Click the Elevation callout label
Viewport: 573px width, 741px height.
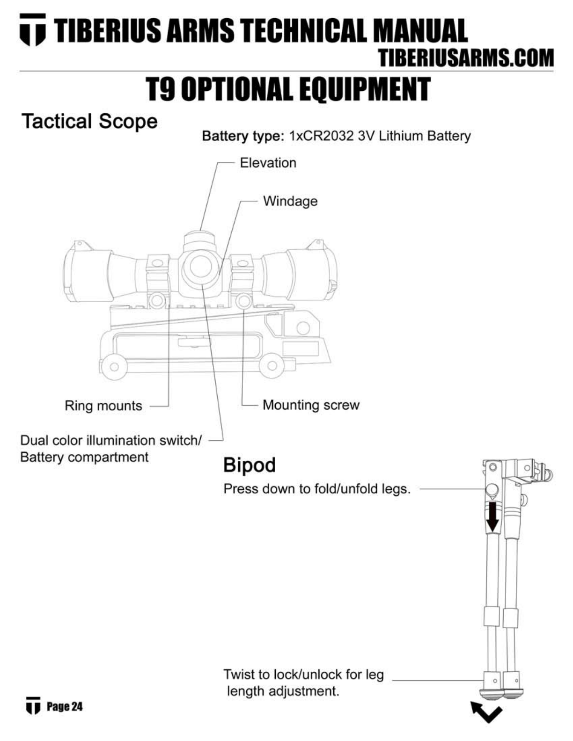[x=268, y=163]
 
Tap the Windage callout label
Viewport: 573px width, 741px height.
[x=290, y=201]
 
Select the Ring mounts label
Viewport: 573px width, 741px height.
[x=103, y=406]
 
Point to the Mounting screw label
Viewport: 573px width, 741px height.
[x=311, y=405]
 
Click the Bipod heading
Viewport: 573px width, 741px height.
[x=250, y=465]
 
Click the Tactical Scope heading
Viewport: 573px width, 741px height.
[x=89, y=122]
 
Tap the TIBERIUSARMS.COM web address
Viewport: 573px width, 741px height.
[x=466, y=58]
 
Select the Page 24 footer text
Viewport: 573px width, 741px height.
[x=65, y=706]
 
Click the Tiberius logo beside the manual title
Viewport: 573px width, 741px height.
[x=32, y=30]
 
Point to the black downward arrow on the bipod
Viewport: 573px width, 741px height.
[x=492, y=517]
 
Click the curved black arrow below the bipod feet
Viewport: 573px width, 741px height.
[x=486, y=712]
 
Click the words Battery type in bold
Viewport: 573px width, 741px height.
[x=243, y=136]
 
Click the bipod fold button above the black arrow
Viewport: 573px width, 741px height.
[x=492, y=490]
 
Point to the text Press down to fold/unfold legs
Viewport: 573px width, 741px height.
[x=317, y=489]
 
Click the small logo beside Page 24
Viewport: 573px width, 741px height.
[x=32, y=706]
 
